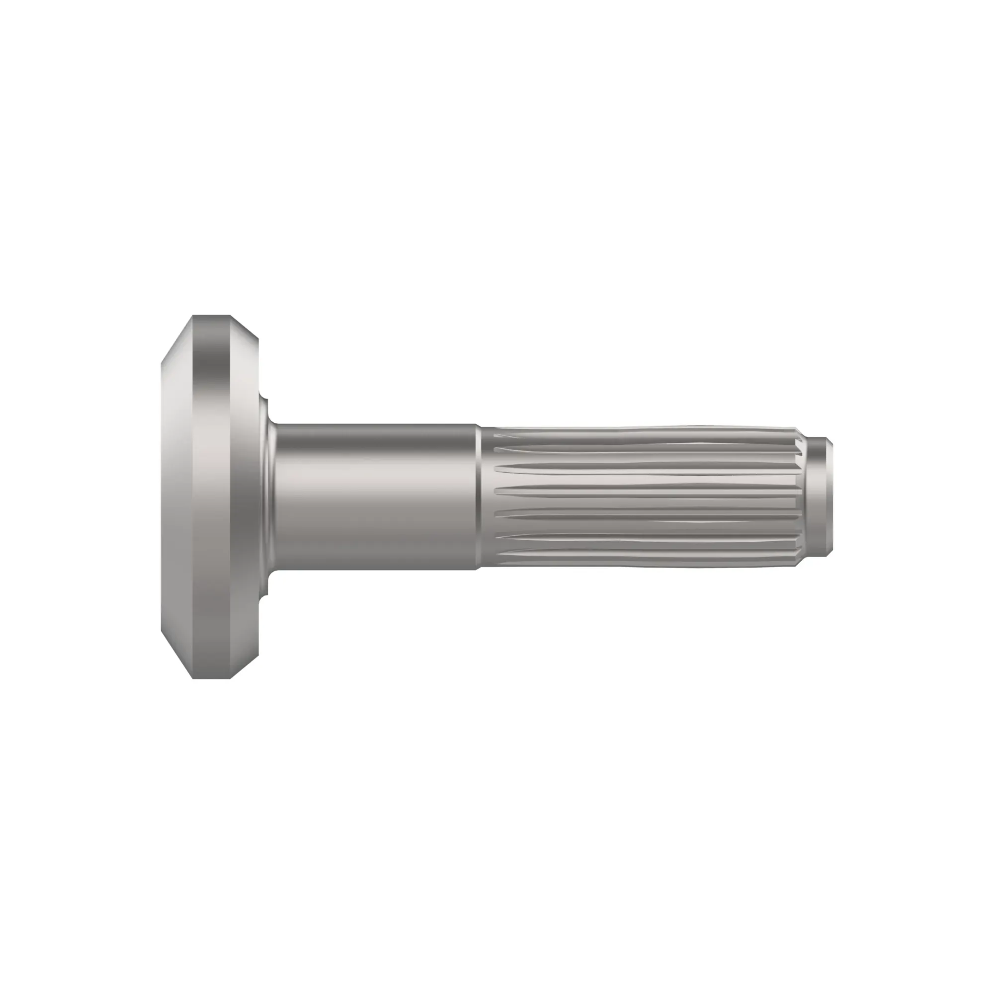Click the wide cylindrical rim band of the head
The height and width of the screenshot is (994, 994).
[211, 497]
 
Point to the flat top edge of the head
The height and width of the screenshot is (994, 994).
[211, 317]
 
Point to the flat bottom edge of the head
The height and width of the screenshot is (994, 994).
[211, 677]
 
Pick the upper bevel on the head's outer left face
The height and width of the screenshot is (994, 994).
[177, 339]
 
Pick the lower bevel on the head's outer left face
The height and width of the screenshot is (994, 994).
[177, 654]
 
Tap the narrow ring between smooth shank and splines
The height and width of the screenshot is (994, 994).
[478, 497]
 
